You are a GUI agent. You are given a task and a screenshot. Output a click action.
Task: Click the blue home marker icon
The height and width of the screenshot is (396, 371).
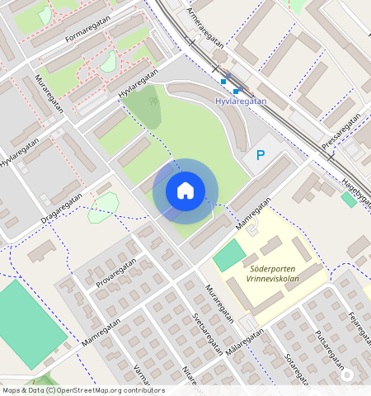tap(185, 191)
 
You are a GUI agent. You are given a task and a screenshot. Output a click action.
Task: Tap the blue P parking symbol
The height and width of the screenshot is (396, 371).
tap(261, 154)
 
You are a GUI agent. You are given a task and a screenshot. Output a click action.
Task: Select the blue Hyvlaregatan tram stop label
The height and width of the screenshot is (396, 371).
tap(241, 101)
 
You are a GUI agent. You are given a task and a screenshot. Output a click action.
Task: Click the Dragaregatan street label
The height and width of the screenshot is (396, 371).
tap(61, 210)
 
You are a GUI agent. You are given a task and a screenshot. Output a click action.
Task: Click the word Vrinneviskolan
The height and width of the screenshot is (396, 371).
tap(273, 280)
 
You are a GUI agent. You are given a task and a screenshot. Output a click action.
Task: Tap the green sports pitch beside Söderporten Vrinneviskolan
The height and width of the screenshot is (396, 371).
tap(229, 256)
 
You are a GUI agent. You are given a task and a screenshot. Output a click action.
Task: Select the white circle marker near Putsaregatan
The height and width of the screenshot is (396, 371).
tap(348, 375)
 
